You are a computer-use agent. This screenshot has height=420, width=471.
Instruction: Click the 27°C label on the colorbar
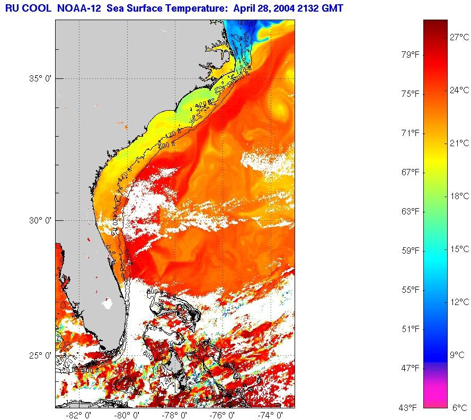[459, 37]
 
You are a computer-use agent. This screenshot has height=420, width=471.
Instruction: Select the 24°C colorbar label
[459, 90]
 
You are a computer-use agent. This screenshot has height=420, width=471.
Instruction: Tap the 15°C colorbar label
[459, 249]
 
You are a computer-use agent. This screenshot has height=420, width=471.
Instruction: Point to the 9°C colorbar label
[457, 355]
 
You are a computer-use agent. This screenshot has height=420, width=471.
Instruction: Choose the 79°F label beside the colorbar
[410, 55]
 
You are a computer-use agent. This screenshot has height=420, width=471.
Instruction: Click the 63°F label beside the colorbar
[410, 211]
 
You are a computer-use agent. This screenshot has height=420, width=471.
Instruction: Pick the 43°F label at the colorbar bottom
[410, 407]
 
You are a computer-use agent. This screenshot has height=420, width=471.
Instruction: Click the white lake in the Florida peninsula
[108, 304]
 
